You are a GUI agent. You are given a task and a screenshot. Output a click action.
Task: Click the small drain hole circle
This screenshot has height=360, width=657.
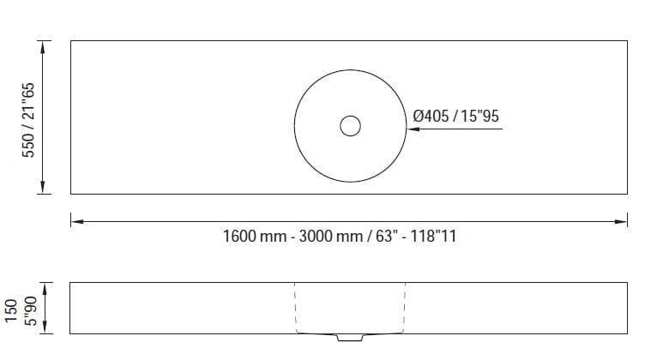coord(350,127)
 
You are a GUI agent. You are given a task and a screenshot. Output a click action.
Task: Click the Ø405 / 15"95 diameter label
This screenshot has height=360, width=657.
coord(455,115)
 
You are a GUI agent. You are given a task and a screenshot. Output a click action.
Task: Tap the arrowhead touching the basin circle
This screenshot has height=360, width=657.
coord(411,129)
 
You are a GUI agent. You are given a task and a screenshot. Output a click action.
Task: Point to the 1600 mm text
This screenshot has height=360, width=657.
coord(254,237)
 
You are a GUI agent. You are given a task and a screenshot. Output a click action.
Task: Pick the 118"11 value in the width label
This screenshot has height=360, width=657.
coord(433,237)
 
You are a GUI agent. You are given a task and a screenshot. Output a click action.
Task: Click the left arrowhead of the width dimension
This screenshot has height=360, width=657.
coord(75,222)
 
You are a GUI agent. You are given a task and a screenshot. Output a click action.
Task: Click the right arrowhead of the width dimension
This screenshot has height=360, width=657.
coord(622,222)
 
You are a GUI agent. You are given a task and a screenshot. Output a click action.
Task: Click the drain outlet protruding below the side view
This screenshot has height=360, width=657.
coord(349,337)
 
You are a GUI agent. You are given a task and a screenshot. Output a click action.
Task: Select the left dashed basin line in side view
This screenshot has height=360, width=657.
coord(295,307)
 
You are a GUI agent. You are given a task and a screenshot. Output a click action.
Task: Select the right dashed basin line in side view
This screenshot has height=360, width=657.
coord(404,307)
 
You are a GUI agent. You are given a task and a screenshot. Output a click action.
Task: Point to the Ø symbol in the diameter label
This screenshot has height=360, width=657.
coord(418,115)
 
